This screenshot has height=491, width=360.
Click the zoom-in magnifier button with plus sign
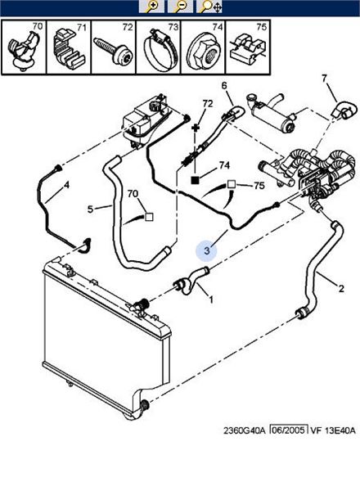coord(151,7)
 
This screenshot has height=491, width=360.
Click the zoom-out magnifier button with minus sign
coord(180,7)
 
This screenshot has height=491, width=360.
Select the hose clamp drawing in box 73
coord(159,49)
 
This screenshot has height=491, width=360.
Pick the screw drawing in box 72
coord(114,51)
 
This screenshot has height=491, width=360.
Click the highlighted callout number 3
coord(207,250)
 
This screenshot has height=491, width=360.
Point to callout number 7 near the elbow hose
coord(324,78)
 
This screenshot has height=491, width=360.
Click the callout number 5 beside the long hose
coord(90,209)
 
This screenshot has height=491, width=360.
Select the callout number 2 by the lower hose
coord(341,288)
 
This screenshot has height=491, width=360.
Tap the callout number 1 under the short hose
coord(211,300)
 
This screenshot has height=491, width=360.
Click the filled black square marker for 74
coord(196,180)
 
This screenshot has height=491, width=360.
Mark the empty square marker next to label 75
coord(231,184)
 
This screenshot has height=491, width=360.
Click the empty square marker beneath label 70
coord(150,217)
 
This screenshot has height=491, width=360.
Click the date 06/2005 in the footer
coord(288,430)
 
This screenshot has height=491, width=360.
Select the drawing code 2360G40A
coord(244,430)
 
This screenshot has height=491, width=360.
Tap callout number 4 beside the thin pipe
coord(66,185)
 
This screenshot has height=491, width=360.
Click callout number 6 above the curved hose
coord(224,85)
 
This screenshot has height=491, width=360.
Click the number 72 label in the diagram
coord(208,104)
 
